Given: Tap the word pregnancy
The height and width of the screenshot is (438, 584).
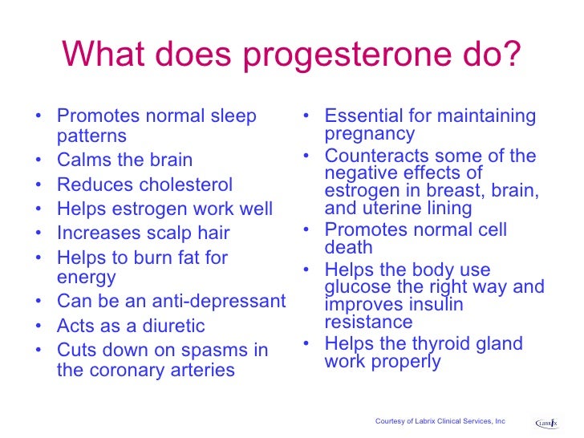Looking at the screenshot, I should pyautogui.click(x=370, y=134).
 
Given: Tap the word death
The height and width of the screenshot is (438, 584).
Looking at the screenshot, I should pyautogui.click(x=349, y=248).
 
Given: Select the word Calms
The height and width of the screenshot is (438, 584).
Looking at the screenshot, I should pyautogui.click(x=83, y=160).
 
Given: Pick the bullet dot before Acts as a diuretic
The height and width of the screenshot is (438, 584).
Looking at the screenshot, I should pyautogui.click(x=40, y=327).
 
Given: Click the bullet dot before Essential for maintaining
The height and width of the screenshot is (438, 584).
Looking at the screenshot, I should pyautogui.click(x=307, y=117).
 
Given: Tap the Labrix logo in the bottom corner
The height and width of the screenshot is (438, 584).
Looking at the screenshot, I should pyautogui.click(x=546, y=421).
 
